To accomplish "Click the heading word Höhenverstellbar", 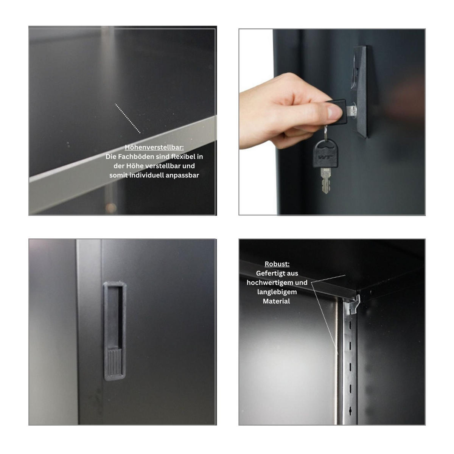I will pyautogui.click(x=154, y=147).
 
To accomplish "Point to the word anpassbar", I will pyautogui.click(x=184, y=175).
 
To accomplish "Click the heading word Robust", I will pyautogui.click(x=277, y=264).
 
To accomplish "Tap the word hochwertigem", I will pyautogui.click(x=270, y=283).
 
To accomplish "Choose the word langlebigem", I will pyautogui.click(x=277, y=292).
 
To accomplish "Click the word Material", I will pyautogui.click(x=277, y=301).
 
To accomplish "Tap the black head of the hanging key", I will pyautogui.click(x=325, y=154).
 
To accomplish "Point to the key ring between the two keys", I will pyautogui.click(x=325, y=132).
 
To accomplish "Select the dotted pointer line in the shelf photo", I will pyautogui.click(x=127, y=118).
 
